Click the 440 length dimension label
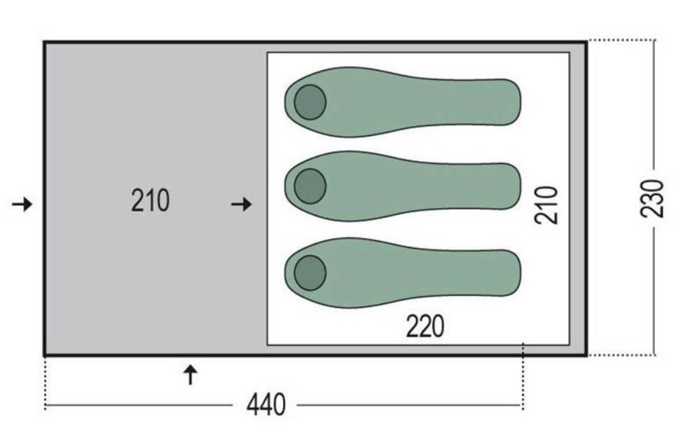pyautogui.click(x=266, y=405)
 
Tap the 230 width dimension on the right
pyautogui.click(x=652, y=198)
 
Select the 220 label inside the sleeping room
pyautogui.click(x=425, y=326)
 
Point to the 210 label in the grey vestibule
pyautogui.click(x=150, y=201)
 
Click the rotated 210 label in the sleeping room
pyautogui.click(x=546, y=205)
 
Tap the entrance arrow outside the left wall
pyautogui.click(x=22, y=204)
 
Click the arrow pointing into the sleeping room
pyautogui.click(x=241, y=204)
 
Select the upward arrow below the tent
pyautogui.click(x=190, y=374)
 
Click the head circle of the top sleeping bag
pyautogui.click(x=310, y=102)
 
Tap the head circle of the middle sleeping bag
pyautogui.click(x=310, y=186)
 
